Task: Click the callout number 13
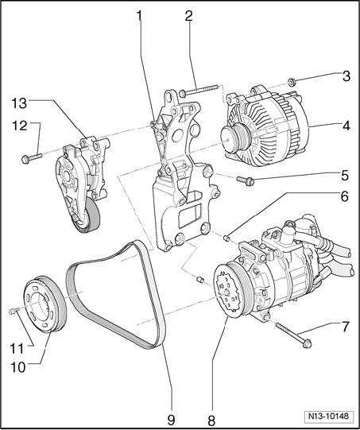coord(19,103)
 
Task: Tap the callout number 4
coord(346,126)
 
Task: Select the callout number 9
coord(171,420)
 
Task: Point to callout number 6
coord(344,196)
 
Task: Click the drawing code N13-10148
coord(328,416)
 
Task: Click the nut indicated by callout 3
coord(291,81)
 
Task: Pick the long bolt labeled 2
coord(198,91)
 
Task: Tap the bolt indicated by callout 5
coord(246,180)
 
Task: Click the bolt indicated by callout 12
coord(32,157)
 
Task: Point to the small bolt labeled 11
coord(13,311)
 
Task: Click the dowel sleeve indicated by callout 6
coord(226,238)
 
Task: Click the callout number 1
coord(140,17)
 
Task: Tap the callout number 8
coord(211,420)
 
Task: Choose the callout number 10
coord(18,367)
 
